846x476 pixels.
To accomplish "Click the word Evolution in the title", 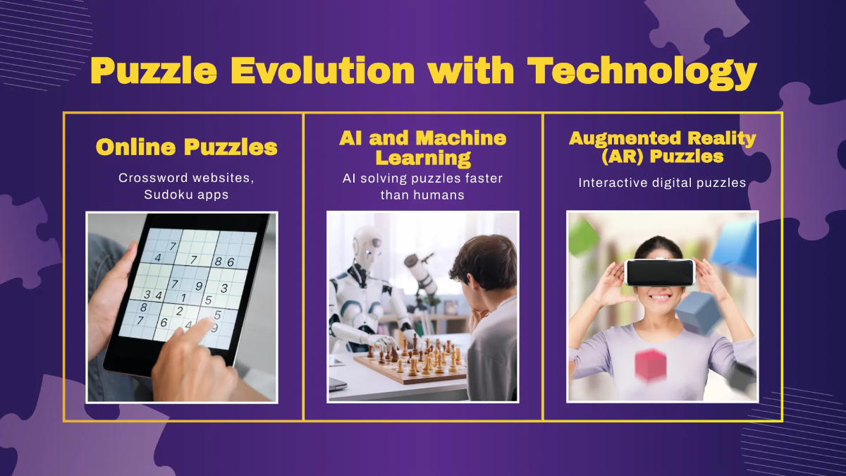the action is pyautogui.click(x=322, y=71).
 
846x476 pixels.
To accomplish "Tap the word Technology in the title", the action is pyautogui.click(x=642, y=73).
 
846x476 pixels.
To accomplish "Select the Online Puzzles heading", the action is pyautogui.click(x=187, y=147).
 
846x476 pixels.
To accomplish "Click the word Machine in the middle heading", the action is pyautogui.click(x=461, y=138).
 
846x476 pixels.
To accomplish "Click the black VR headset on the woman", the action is pyautogui.click(x=660, y=272).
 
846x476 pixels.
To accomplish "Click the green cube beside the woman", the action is pyautogui.click(x=584, y=237).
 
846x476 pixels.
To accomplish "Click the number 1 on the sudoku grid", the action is pyautogui.click(x=183, y=298).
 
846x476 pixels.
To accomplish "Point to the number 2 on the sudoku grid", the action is pyautogui.click(x=180, y=311).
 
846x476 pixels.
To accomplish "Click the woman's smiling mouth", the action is pyautogui.click(x=659, y=298).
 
